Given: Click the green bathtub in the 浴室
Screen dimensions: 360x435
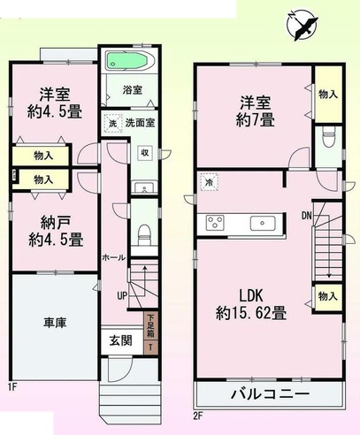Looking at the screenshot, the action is tap(127, 60).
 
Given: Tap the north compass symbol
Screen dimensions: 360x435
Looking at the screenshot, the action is tap(302, 25).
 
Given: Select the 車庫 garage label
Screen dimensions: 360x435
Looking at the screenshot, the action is tap(55, 323).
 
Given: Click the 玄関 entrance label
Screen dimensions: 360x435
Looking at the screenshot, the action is tap(121, 340).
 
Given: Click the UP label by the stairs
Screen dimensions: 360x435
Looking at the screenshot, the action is tap(122, 295).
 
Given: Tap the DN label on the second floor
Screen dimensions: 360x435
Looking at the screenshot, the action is tap(307, 216).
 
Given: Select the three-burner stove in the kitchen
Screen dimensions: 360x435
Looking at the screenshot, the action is tap(215, 222).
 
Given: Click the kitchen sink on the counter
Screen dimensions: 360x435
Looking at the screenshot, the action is tap(263, 224).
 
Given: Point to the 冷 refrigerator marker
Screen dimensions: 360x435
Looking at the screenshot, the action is tap(210, 181).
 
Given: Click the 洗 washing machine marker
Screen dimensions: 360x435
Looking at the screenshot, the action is tap(112, 124).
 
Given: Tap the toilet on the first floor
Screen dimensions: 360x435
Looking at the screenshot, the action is tap(144, 234).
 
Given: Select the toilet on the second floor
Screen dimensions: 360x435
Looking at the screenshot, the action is tap(328, 137).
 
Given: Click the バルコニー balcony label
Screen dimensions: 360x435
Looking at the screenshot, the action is tap(270, 393).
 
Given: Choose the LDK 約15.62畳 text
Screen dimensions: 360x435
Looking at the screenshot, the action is tap(251, 304).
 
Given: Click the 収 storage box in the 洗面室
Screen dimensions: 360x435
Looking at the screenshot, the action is tap(145, 153).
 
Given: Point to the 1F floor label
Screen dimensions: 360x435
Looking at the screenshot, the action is tap(12, 387).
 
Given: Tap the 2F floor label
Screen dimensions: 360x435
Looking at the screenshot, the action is tap(197, 416).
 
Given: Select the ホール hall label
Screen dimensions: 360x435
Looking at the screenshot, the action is tap(114, 257).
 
